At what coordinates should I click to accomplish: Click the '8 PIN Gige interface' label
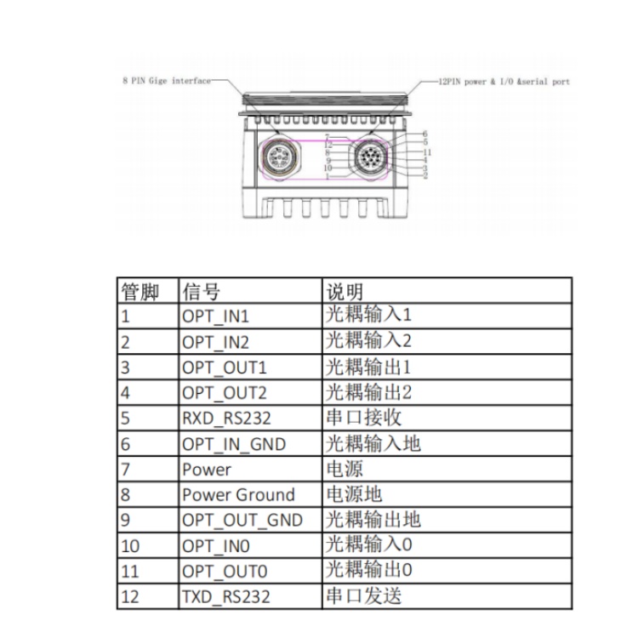tap(166, 81)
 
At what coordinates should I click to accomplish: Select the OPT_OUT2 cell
tap(224, 393)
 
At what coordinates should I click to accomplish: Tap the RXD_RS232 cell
tap(225, 419)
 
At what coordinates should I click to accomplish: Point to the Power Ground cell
tap(237, 495)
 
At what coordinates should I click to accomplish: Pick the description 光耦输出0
tap(368, 571)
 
